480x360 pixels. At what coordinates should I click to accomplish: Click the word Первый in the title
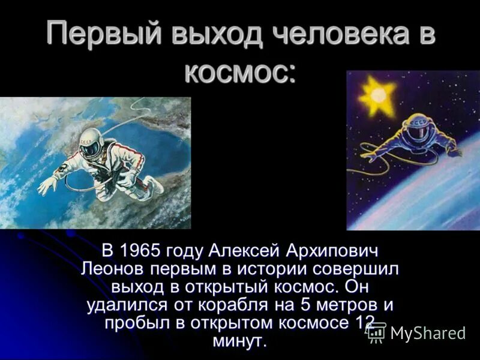point(101,34)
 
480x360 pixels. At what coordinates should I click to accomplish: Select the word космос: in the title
point(239,73)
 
